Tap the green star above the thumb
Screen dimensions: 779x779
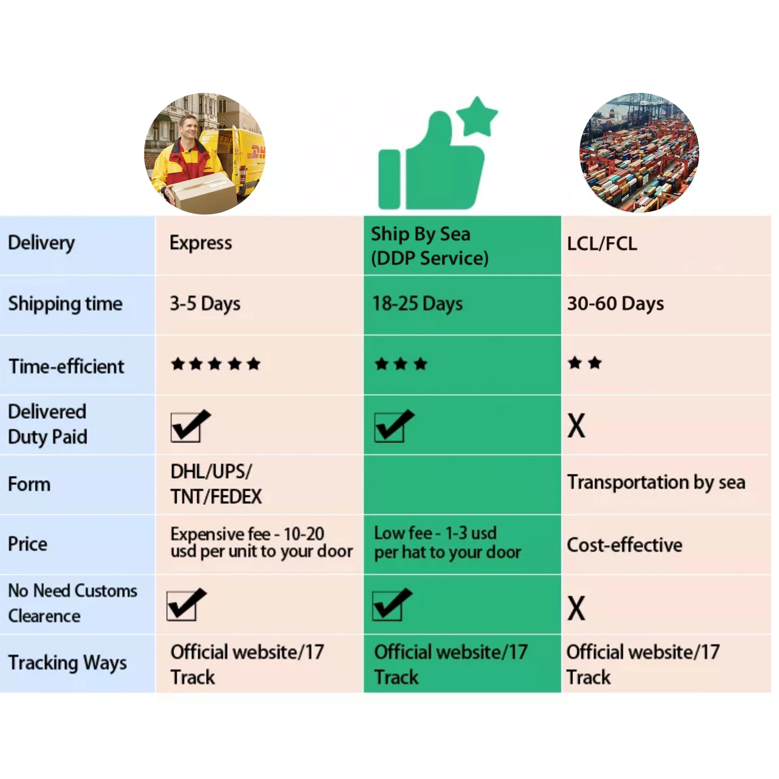pos(477,116)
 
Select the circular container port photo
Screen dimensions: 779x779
pos(639,153)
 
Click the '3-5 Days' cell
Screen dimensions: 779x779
pos(205,304)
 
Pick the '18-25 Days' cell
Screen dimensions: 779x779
pos(417,304)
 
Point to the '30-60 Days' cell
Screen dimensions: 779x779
pos(615,304)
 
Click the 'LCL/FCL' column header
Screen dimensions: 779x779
pos(601,244)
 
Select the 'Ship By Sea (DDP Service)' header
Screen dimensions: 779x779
pos(429,246)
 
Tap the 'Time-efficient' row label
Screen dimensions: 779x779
pos(67,366)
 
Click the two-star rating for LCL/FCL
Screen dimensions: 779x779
pos(584,363)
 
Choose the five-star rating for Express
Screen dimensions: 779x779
pos(216,364)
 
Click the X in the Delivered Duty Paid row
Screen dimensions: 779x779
pos(576,426)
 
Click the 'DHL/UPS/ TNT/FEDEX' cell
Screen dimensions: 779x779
pos(216,484)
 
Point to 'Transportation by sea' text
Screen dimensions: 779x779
pos(656,483)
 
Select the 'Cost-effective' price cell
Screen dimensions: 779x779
pos(624,545)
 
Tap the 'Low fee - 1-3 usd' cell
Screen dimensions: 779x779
pos(447,543)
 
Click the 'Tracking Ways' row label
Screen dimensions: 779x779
pos(67,663)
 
